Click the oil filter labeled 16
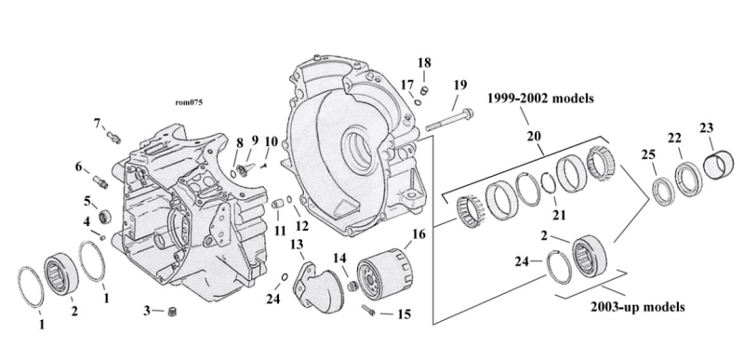384,275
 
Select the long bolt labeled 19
449,121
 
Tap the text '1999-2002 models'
540,99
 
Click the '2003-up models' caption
637,307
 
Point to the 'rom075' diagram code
189,102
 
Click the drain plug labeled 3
172,313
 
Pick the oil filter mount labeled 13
313,285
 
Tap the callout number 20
534,137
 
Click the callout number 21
559,215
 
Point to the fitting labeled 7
114,138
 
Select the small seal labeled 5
105,218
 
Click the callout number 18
424,62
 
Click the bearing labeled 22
688,178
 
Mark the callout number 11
280,231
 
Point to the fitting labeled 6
100,181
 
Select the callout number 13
297,245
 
